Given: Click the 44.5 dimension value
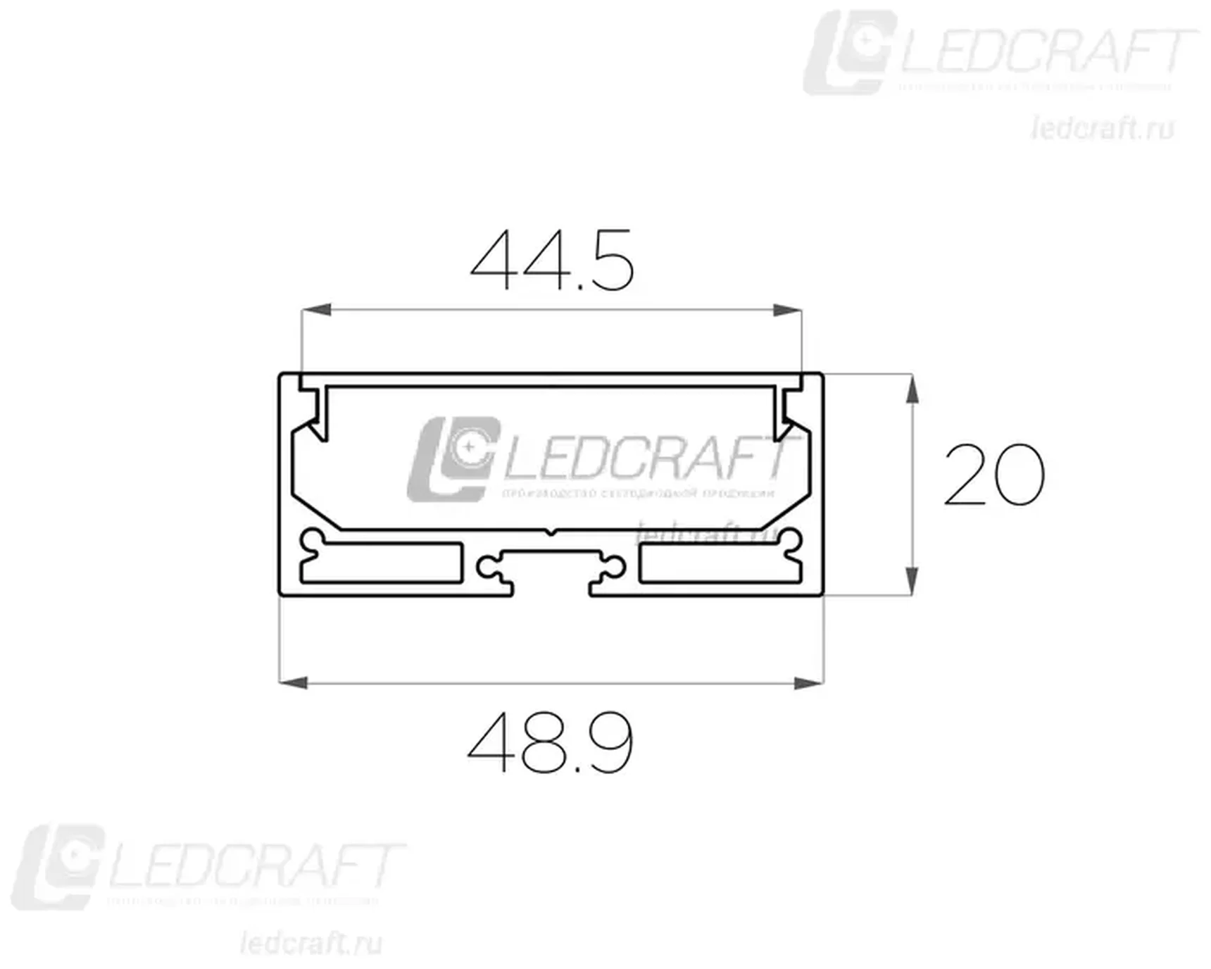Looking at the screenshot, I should tap(553, 261).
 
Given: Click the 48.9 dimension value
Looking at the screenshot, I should tap(551, 742).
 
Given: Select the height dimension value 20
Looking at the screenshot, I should tap(993, 475).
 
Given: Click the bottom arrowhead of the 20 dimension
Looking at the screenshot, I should tap(912, 582).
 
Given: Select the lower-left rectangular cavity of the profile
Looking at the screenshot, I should tap(384, 563).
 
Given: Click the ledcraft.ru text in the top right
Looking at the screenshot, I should tap(1103, 129).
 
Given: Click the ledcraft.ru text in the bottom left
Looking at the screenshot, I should tap(310, 943).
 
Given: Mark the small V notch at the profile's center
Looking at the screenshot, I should tap(551, 532).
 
